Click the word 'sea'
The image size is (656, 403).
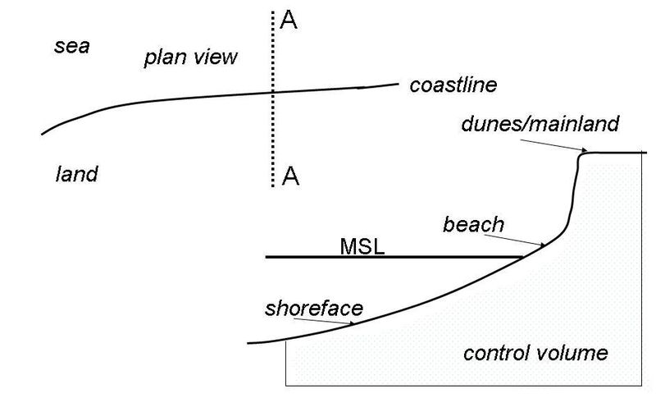pos(71,46)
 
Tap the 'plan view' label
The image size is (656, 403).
pos(190,57)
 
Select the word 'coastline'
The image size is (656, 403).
pos(453,85)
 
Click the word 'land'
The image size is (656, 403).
pos(76,174)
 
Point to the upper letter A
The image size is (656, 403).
pos(289,20)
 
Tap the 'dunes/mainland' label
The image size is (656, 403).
pos(540,125)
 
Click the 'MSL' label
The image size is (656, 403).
pos(362,245)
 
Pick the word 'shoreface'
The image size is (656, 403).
pos(314,309)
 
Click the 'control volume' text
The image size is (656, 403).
pos(535,354)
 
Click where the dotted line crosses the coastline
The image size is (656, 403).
pos(272,92)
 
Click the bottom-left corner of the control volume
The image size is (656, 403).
pos(285,384)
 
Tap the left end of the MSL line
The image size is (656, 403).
pos(266,258)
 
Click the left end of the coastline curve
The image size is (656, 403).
pos(41,133)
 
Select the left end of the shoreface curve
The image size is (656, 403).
pos(248,343)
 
